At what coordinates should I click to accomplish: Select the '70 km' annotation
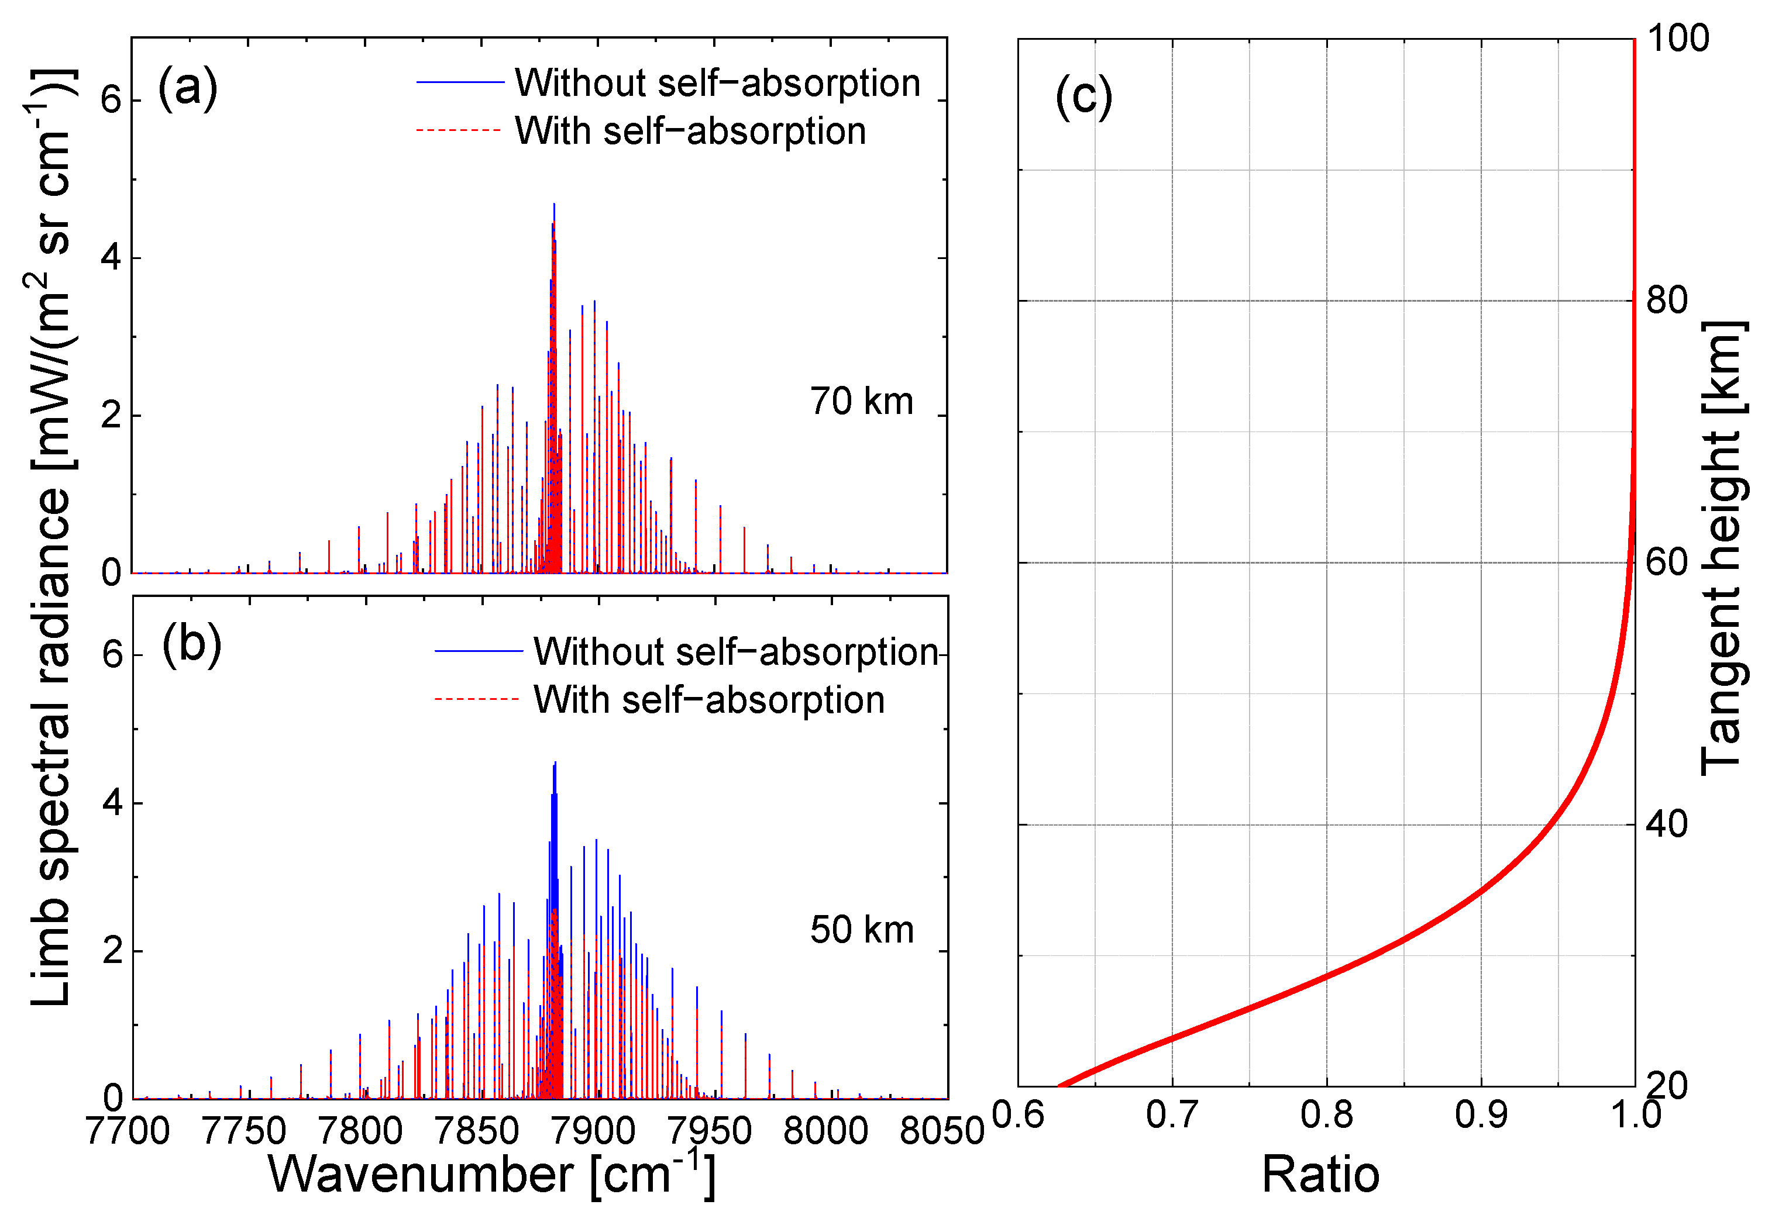tap(861, 401)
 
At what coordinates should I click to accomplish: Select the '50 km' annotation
tap(862, 930)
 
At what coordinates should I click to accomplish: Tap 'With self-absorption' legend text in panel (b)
tap(708, 700)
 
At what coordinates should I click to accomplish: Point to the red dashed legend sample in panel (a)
tap(459, 131)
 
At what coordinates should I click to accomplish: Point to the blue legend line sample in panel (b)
tap(479, 651)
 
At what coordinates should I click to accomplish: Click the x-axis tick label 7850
tap(477, 1130)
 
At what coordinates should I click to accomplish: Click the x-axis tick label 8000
tap(825, 1130)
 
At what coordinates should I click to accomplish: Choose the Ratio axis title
tap(1320, 1174)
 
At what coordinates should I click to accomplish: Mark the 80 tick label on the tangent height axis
tap(1667, 300)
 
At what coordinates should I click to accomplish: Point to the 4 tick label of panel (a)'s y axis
tap(111, 257)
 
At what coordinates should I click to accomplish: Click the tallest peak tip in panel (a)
tap(554, 204)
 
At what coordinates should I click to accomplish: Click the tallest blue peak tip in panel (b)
tap(555, 762)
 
